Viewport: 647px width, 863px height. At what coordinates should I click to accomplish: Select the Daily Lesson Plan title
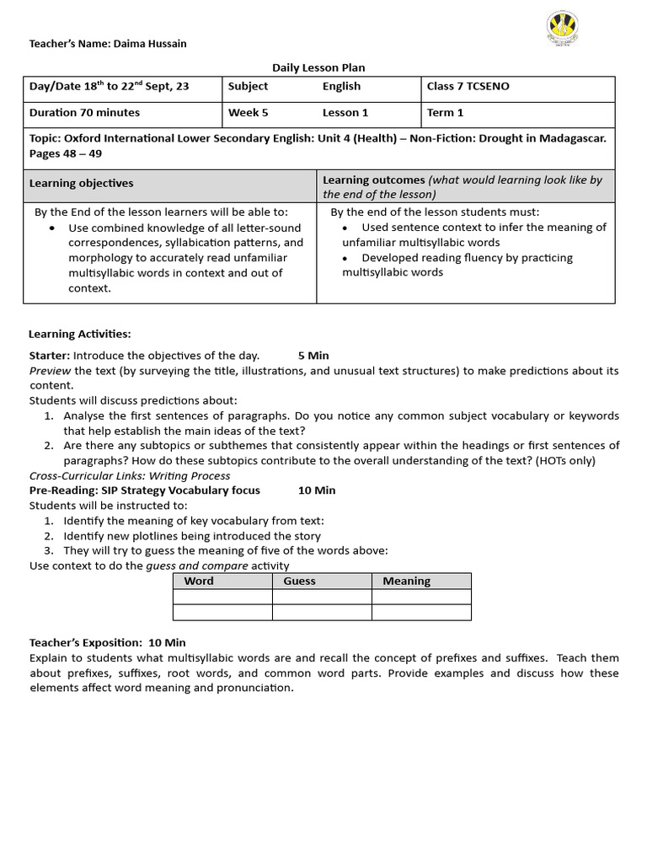click(318, 67)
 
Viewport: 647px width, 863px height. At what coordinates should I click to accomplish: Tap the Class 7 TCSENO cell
click(468, 86)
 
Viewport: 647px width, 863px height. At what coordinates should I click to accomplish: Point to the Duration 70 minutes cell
click(84, 112)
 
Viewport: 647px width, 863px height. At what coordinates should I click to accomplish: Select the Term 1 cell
click(445, 112)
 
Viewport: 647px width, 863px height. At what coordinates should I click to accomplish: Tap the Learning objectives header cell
click(82, 183)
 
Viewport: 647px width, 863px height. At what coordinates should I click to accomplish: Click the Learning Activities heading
click(80, 334)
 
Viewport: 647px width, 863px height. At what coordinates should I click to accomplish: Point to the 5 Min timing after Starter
click(313, 355)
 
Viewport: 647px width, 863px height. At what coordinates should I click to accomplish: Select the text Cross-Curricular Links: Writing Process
click(130, 475)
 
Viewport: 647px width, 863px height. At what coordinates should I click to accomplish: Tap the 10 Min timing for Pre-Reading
click(317, 490)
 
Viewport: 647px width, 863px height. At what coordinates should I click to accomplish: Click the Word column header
click(199, 581)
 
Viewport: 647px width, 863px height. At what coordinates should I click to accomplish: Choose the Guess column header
click(299, 581)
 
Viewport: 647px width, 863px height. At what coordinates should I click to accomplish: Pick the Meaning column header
click(406, 581)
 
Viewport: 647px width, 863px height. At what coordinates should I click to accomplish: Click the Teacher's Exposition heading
click(107, 642)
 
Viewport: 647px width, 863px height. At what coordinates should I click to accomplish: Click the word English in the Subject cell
click(341, 86)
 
